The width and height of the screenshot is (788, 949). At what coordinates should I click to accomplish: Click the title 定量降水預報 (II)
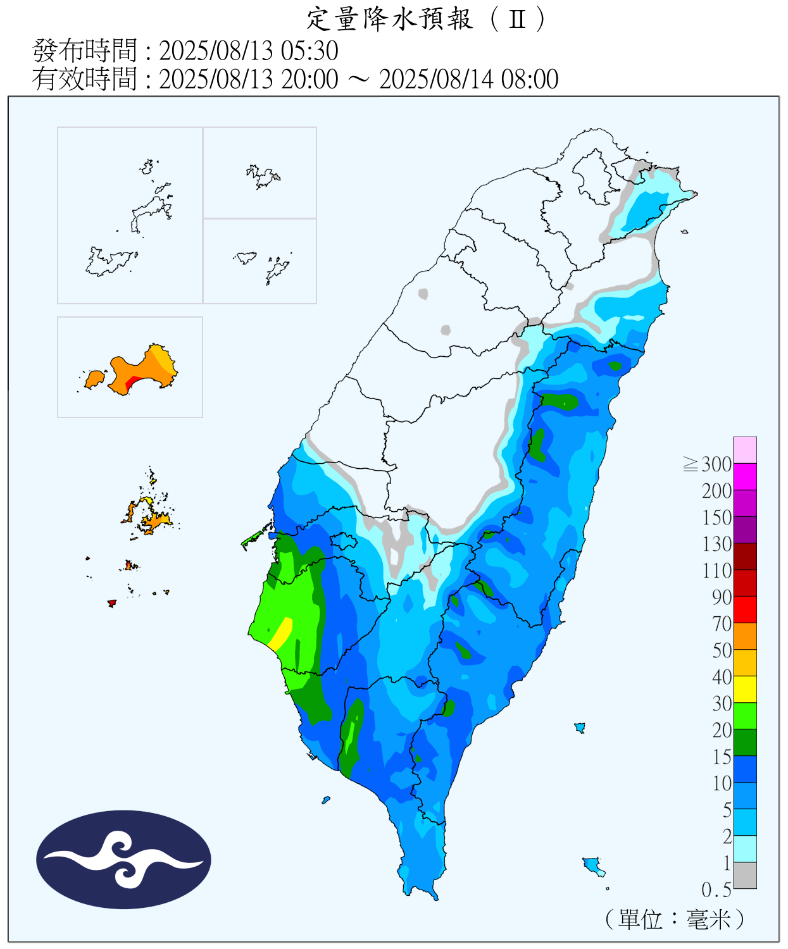[x=425, y=19]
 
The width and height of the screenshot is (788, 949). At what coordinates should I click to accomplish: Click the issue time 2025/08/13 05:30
[x=248, y=51]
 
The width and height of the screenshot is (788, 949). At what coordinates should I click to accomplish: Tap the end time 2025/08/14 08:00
[x=468, y=80]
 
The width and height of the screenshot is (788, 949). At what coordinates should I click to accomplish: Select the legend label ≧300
[x=708, y=464]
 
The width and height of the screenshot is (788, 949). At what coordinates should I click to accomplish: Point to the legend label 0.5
[x=716, y=890]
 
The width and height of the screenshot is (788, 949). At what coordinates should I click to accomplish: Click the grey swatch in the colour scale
[x=745, y=875]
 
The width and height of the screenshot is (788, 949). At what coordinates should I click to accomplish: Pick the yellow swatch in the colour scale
[x=745, y=689]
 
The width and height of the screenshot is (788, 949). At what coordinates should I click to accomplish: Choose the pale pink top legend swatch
[x=745, y=450]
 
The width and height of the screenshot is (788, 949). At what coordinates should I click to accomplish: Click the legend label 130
[x=716, y=544]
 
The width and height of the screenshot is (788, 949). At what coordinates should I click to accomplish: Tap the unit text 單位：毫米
[x=675, y=919]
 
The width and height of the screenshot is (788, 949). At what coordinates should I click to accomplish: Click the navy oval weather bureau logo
[x=123, y=859]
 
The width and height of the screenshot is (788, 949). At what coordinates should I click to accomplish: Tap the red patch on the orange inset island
[x=132, y=383]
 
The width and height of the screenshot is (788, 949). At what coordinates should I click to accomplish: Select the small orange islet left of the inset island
[x=94, y=379]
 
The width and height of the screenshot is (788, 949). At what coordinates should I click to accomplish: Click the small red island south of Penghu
[x=112, y=603]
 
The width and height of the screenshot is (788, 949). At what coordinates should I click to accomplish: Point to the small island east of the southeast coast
[x=579, y=728]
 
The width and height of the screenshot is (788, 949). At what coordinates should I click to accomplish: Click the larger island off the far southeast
[x=593, y=865]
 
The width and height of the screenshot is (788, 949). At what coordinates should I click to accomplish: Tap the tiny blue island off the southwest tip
[x=326, y=800]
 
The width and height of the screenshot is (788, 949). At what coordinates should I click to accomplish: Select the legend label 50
[x=722, y=650]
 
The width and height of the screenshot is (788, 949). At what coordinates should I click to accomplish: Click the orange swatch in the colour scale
[x=745, y=636]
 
